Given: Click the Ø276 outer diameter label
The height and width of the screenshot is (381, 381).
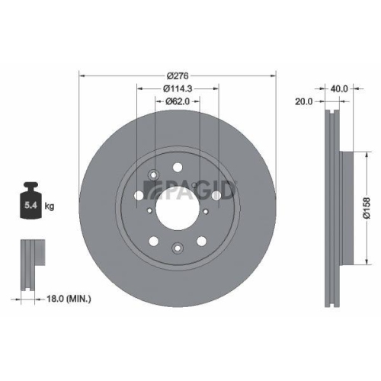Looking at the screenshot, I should pos(177,75).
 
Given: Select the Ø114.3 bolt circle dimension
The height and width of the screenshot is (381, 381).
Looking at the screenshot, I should pos(177,89).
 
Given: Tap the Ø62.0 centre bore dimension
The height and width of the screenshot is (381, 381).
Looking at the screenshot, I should pos(177,103).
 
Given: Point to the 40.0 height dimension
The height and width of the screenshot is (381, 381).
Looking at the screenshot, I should pos(339,88).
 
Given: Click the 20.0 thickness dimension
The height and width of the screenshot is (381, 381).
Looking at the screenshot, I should pos(306,101).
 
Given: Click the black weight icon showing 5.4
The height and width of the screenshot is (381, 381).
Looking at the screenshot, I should pos(32,200).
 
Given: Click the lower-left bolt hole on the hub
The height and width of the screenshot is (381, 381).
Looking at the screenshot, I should pos(155,242).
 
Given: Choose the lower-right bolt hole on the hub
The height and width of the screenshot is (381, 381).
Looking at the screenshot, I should pos(200,242).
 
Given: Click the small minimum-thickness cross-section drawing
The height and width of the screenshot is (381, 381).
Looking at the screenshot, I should pos(30,266).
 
